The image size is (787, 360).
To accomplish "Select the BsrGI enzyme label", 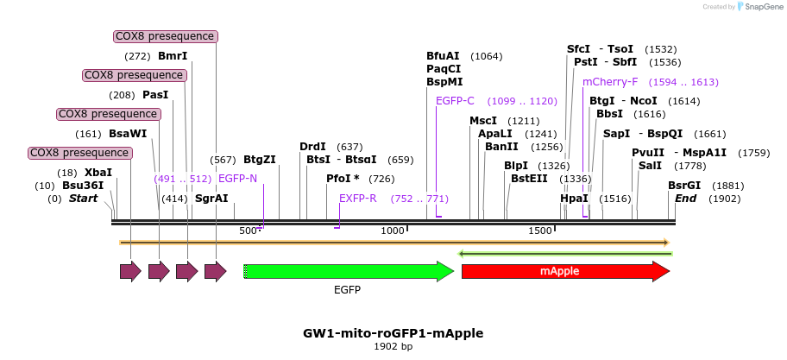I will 684,186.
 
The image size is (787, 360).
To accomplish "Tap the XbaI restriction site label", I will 98,173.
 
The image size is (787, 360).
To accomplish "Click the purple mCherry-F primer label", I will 610,82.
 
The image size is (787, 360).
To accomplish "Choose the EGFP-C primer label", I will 456,101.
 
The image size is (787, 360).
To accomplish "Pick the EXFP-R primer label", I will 358,199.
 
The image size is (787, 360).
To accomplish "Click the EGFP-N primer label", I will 237,179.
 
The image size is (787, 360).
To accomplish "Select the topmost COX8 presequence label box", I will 166,36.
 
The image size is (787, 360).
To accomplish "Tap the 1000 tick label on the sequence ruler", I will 393,231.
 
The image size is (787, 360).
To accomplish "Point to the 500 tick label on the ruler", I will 249,231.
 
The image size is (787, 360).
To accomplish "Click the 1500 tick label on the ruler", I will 540,231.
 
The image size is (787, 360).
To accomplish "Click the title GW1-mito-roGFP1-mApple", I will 393,332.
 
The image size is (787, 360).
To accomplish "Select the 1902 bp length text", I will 393,347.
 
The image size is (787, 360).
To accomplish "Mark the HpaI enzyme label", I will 574,199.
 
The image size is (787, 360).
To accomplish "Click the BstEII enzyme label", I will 529,179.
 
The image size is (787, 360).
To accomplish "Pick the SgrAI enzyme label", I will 211,199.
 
